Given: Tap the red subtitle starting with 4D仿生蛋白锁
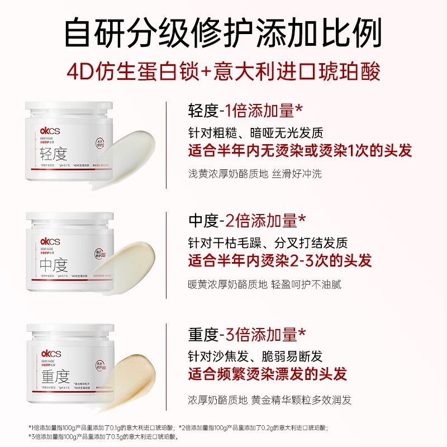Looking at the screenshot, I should tap(223, 73).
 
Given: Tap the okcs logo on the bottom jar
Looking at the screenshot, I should tap(49, 354).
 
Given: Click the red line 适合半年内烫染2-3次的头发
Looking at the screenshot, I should tap(280, 260).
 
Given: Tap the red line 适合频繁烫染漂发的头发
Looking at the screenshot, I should tap(268, 373).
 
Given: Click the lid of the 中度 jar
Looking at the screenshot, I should tap(70, 219).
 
